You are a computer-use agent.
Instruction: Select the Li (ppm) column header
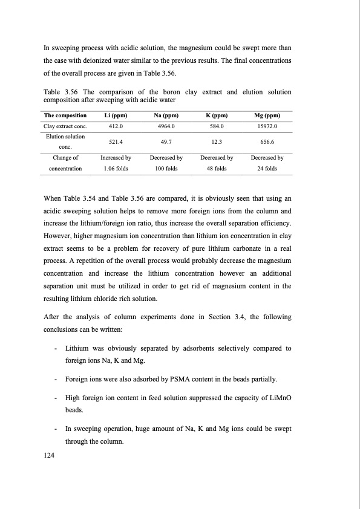point(115,115)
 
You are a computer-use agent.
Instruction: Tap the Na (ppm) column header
point(165,115)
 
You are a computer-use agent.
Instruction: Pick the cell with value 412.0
point(115,126)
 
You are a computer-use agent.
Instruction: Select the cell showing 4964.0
point(165,126)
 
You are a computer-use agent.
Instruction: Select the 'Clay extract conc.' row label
point(66,126)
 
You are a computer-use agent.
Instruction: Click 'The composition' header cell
point(66,115)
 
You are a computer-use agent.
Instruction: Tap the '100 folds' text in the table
point(165,169)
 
